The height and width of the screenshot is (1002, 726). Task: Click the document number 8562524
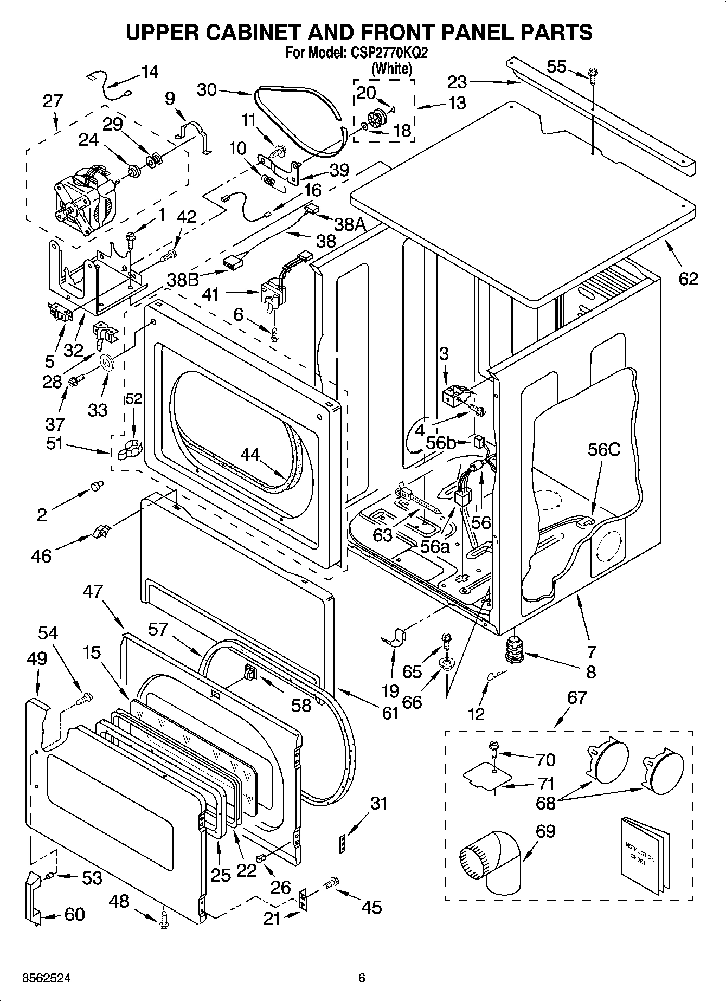46,978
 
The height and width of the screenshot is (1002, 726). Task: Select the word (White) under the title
391,69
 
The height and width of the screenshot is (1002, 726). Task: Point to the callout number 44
250,454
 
